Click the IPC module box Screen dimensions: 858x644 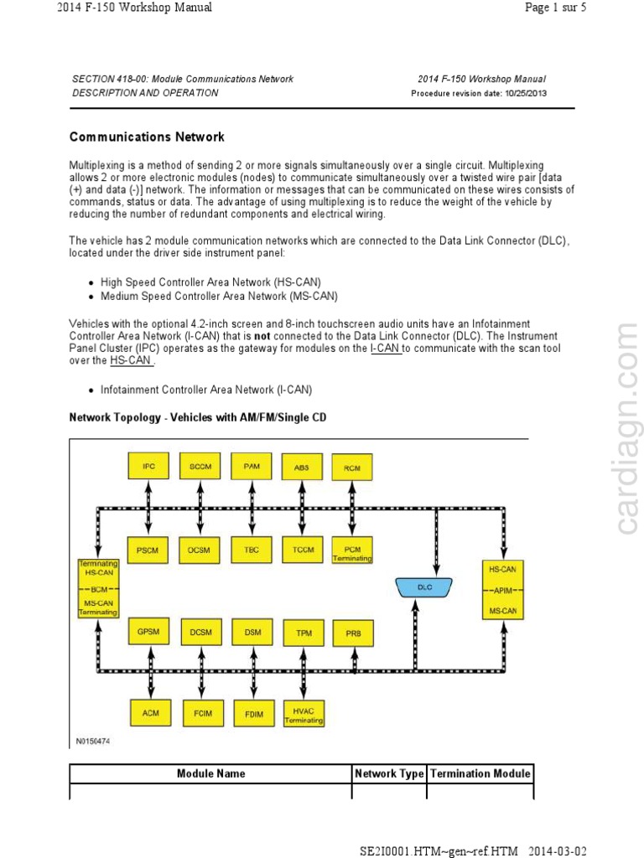(148, 466)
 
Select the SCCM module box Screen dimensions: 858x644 (200, 466)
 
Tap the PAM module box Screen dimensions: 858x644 (252, 466)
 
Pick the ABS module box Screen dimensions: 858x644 (302, 467)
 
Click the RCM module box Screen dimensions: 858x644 (352, 468)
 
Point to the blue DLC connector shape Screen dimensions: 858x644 (425, 587)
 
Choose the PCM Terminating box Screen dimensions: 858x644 (352, 550)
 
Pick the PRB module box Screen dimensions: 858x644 (353, 633)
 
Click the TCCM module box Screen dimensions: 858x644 (302, 550)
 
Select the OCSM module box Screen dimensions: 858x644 (200, 550)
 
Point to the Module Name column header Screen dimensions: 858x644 (210, 773)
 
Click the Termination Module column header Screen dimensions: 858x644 (480, 773)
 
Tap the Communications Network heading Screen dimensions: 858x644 (147, 137)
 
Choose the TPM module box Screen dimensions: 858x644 (303, 633)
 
